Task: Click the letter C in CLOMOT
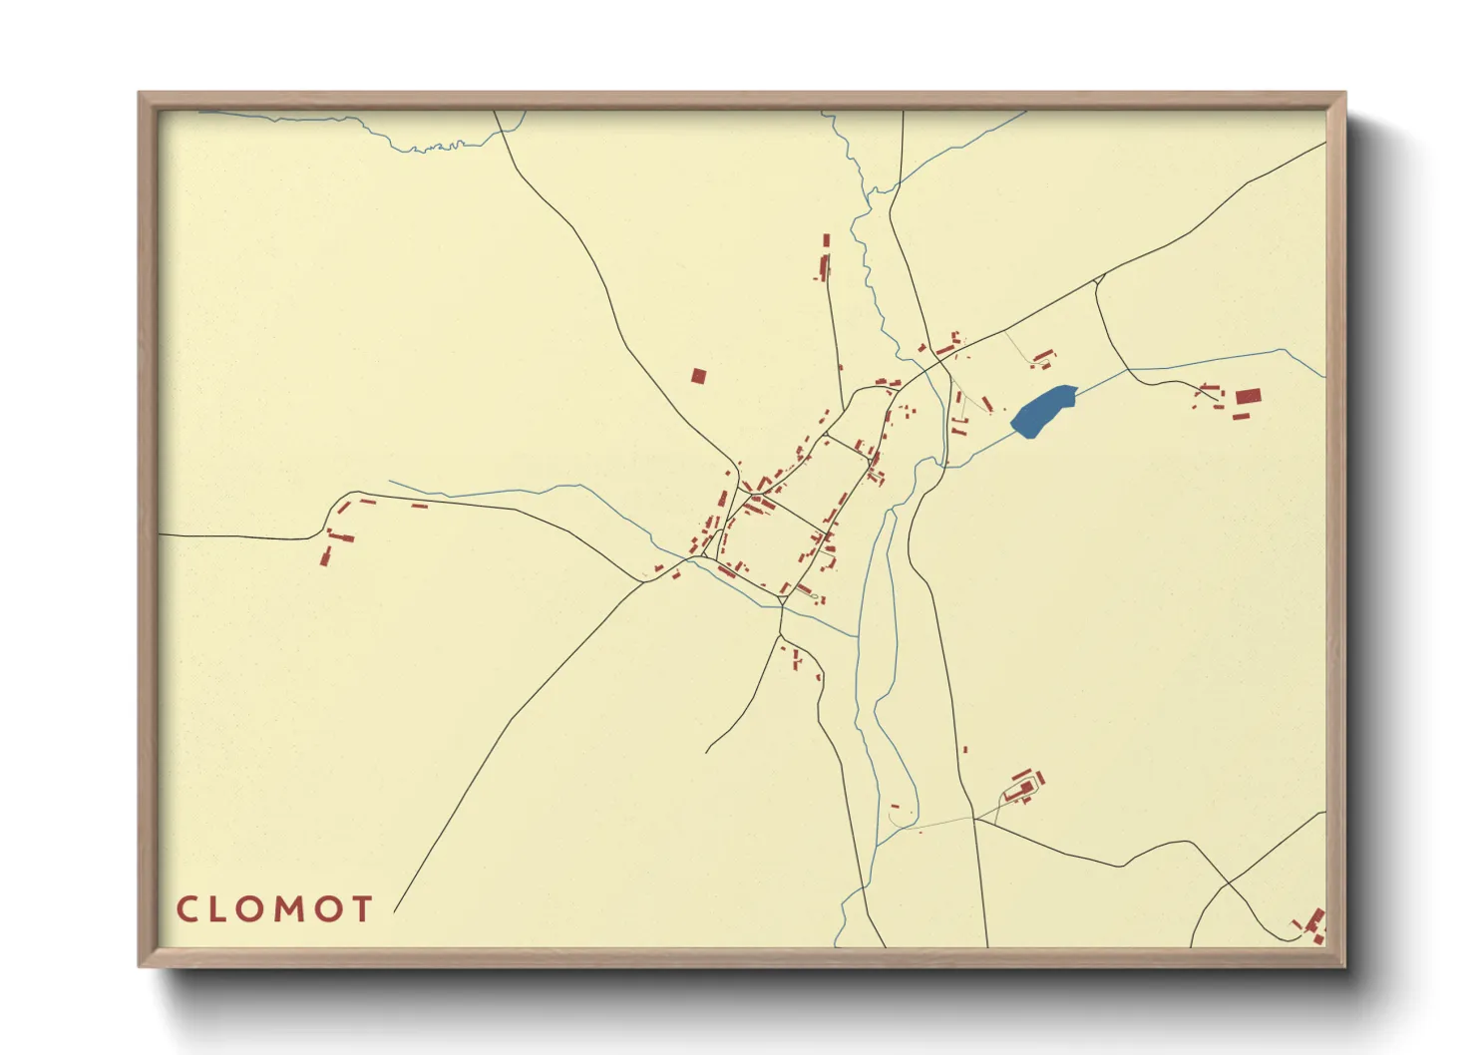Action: coord(187,908)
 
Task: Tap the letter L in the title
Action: coord(220,908)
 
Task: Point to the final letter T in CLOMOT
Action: coord(360,908)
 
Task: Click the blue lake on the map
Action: coord(1043,410)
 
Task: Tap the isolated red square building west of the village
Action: coord(698,376)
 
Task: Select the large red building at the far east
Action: coord(1246,397)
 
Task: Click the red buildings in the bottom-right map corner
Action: coord(1314,925)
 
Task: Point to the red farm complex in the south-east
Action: coord(1025,786)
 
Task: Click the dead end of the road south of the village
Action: coord(706,752)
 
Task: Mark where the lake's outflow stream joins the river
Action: coord(941,466)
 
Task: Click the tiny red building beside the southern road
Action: coord(965,750)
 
